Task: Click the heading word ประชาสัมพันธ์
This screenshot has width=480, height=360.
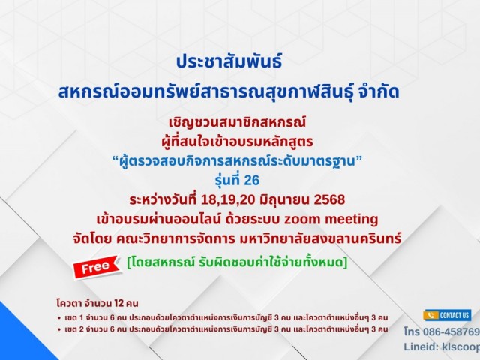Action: (229, 61)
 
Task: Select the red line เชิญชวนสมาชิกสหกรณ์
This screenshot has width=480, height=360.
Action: (238, 122)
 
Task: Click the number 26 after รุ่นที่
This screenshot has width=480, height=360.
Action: (252, 180)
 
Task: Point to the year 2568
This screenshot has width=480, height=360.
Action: (330, 199)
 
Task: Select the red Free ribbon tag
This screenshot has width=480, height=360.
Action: (97, 267)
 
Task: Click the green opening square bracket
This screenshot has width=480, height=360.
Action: (129, 262)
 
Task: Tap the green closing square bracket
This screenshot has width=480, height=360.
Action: (345, 262)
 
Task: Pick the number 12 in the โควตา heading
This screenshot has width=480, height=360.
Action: (118, 303)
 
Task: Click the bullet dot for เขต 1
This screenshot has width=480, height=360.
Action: (59, 318)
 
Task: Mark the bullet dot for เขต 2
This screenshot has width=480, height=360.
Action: (59, 330)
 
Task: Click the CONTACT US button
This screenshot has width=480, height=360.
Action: (447, 315)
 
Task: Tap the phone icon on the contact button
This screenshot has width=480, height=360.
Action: (431, 315)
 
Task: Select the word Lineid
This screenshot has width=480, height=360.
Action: (421, 346)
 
